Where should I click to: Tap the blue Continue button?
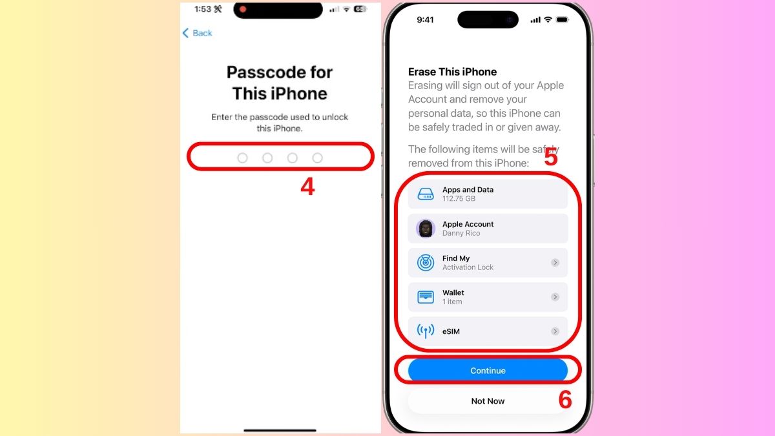(488, 371)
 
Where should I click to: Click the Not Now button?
(488, 401)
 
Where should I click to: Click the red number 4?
(307, 187)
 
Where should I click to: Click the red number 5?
(550, 157)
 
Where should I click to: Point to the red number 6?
(565, 400)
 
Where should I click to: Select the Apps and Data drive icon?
(426, 194)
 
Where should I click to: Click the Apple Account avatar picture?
(426, 229)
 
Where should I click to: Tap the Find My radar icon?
(426, 263)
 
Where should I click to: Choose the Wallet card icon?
(426, 297)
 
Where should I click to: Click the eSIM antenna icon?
(426, 331)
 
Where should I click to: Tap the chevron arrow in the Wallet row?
(555, 297)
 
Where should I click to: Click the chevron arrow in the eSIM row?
(555, 331)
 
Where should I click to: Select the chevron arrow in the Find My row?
(555, 263)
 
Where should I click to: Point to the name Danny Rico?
(461, 233)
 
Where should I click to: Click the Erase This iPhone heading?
(452, 72)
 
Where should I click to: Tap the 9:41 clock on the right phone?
(426, 20)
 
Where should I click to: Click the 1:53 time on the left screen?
(203, 9)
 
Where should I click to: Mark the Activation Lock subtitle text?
(468, 267)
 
